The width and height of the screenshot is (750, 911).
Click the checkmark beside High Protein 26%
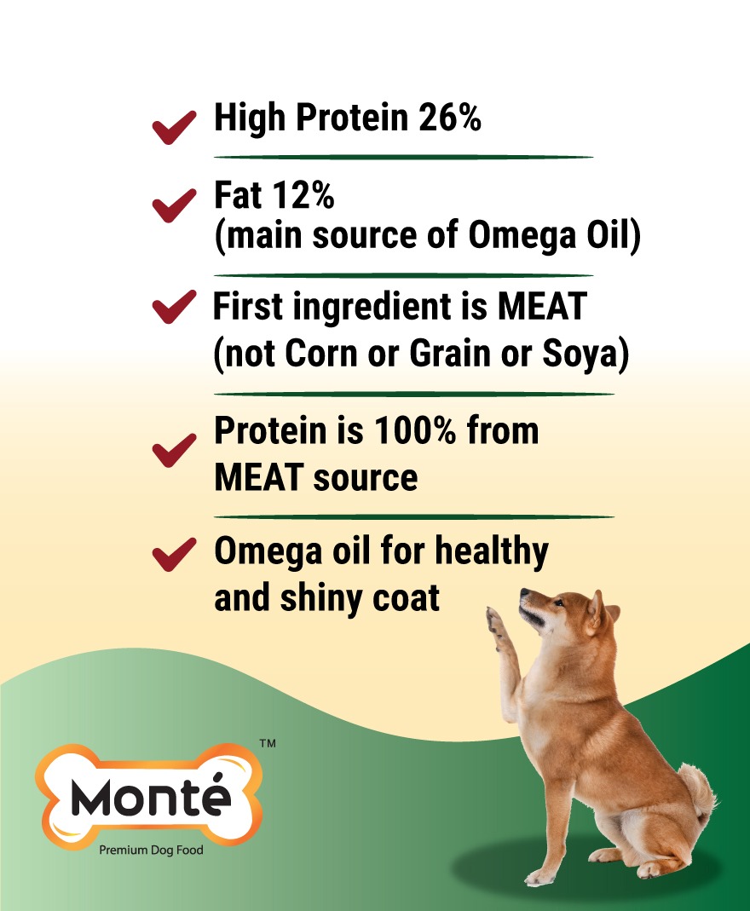(x=174, y=127)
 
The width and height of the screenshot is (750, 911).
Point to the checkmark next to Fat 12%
(x=174, y=205)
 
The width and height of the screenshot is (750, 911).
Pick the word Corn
(x=320, y=354)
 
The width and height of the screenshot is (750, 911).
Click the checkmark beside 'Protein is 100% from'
(x=174, y=450)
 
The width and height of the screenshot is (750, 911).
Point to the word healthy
(x=492, y=551)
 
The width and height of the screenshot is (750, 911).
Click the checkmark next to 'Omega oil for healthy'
(x=174, y=554)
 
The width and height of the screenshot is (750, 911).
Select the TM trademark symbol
(x=268, y=744)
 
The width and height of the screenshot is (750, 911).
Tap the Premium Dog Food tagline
(x=151, y=850)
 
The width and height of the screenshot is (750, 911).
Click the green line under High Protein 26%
(x=403, y=157)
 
